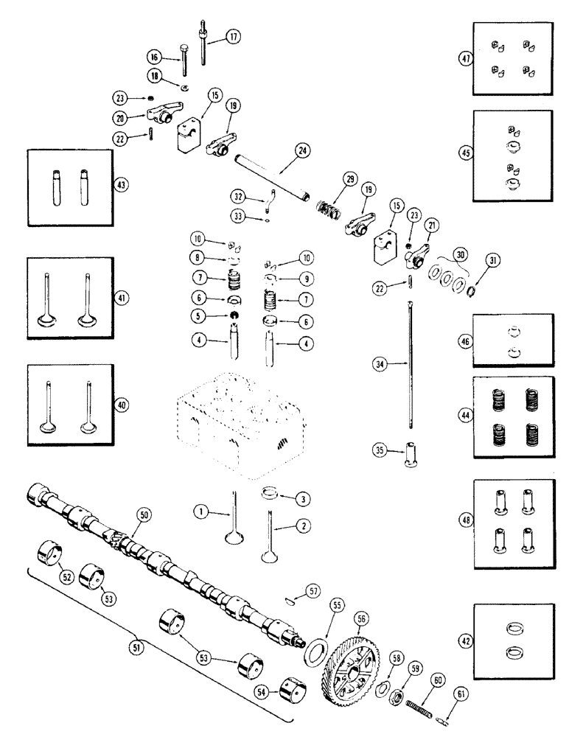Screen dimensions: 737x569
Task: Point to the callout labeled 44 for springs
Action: [x=465, y=414]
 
